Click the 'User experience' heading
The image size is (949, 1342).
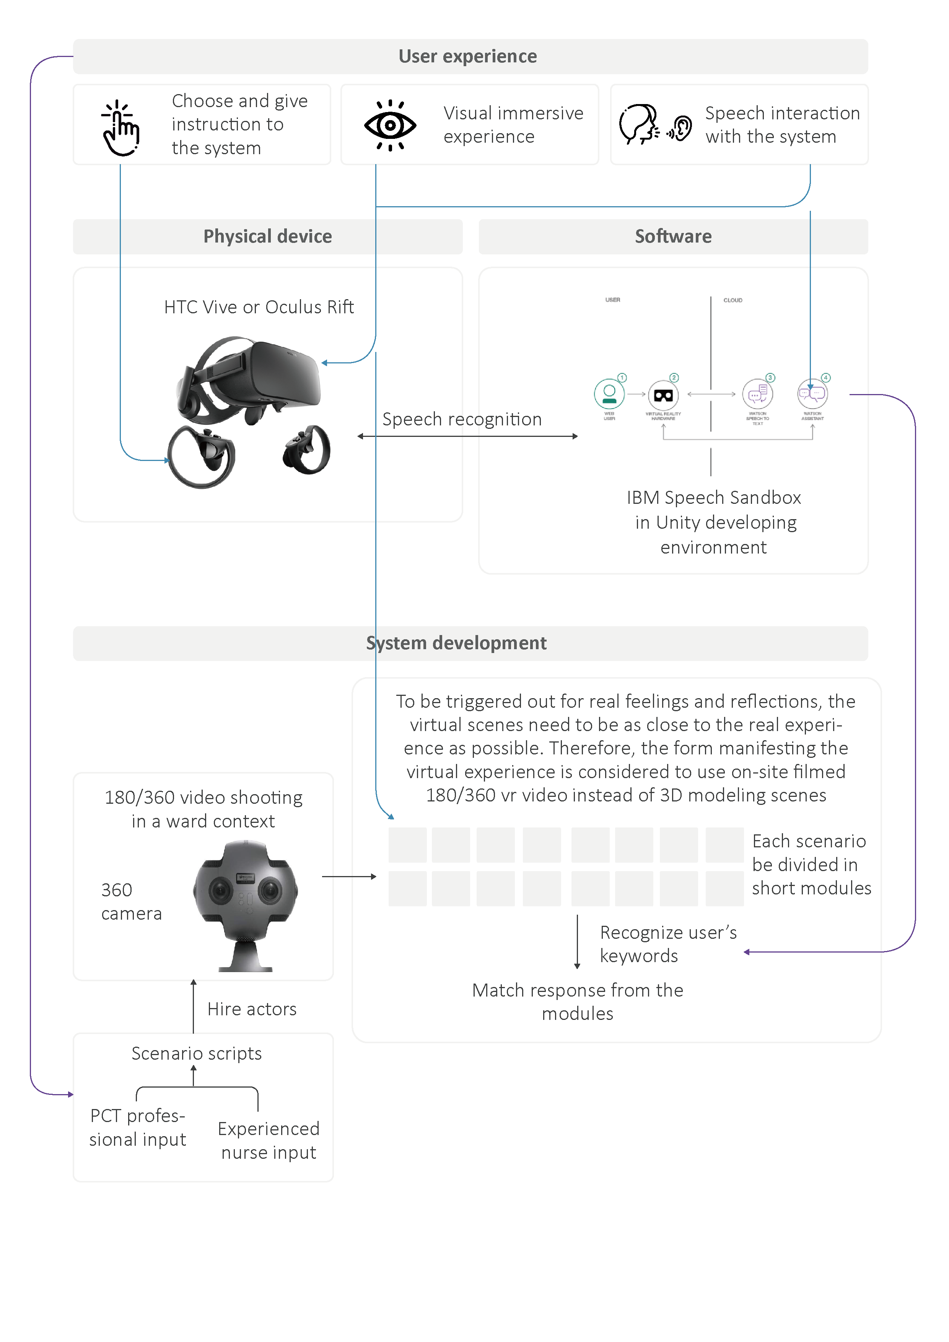tap(467, 56)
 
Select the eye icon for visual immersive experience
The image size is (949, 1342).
tap(390, 125)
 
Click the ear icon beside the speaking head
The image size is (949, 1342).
tap(681, 127)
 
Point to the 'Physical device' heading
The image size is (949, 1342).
tap(268, 236)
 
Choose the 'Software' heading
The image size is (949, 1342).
tap(673, 236)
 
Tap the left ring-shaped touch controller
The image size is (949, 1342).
tap(202, 456)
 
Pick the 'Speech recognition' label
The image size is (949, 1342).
tap(462, 419)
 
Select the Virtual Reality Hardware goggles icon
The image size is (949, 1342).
tap(663, 396)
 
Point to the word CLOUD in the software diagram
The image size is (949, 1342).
tap(733, 300)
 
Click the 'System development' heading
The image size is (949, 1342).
tap(456, 643)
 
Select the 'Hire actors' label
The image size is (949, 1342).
tap(252, 1009)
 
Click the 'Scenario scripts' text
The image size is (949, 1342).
tap(196, 1053)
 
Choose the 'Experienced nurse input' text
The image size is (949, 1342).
tap(269, 1140)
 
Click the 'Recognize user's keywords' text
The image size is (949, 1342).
tap(668, 944)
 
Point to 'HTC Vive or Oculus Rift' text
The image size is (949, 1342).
tap(259, 307)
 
